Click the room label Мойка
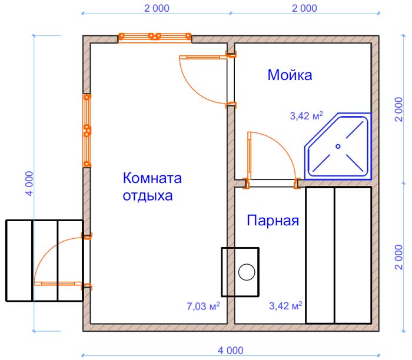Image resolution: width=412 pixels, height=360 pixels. tap(290, 75)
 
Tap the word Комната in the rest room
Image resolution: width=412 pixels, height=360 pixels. tap(152, 178)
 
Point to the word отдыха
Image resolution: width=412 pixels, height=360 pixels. tap(148, 196)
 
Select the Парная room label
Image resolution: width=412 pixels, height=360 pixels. tap(273, 221)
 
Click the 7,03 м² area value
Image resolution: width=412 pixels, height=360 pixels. tap(203, 306)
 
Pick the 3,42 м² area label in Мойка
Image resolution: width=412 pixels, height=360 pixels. tap(307, 115)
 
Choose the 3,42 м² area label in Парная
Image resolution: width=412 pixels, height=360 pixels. tap(285, 305)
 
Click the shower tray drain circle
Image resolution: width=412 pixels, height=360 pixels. tap(338, 146)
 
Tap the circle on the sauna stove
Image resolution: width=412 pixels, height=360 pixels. tap(247, 272)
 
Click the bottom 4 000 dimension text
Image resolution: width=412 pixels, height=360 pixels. tap(231, 351)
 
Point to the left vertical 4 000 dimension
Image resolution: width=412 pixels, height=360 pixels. tap(29, 184)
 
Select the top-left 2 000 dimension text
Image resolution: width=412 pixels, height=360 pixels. tap(157, 8)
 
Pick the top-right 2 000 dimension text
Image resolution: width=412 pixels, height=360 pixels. tap(304, 8)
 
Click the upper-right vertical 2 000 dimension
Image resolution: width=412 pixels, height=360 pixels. tap(398, 109)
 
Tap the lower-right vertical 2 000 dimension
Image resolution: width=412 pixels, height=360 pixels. tap(398, 257)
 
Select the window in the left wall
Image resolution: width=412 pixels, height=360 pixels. tap(87, 131)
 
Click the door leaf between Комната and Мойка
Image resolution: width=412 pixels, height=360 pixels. tap(203, 57)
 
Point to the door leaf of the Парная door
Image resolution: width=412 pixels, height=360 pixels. tap(250, 156)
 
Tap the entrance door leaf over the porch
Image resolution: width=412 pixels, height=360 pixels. tap(58, 284)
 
